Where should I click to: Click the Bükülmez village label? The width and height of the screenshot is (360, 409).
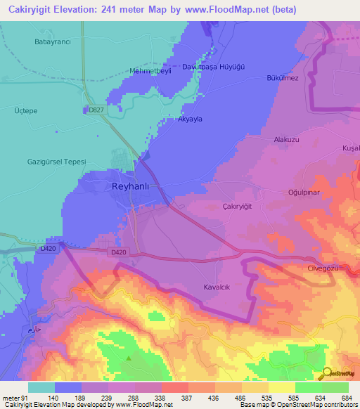click(283, 77)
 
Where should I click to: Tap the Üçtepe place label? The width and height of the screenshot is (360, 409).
click(27, 110)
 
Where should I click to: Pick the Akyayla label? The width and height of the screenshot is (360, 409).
click(190, 119)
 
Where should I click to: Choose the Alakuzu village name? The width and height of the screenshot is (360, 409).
click(286, 140)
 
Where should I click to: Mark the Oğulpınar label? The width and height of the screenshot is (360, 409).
click(295, 190)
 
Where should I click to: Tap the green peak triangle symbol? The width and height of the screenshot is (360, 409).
click(129, 358)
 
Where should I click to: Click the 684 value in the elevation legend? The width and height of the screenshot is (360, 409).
click(345, 398)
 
